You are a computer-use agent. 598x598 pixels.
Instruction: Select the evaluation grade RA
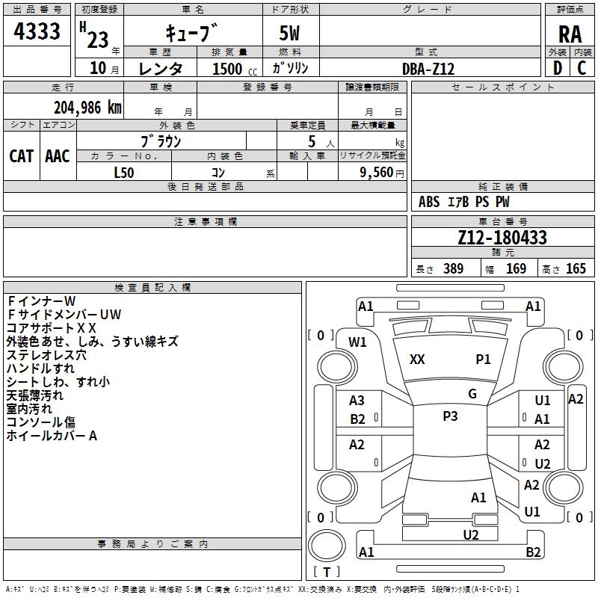tap(570, 34)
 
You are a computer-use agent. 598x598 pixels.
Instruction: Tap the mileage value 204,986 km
tap(87, 108)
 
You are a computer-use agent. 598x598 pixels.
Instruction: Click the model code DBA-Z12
tap(428, 69)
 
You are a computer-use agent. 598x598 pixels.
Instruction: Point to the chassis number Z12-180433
tap(502, 238)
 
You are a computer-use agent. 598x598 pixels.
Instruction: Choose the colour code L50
tap(124, 172)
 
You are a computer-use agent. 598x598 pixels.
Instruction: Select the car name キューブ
tap(191, 34)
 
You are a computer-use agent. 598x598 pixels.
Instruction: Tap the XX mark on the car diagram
tap(417, 360)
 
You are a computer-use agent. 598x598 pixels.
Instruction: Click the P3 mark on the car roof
tap(450, 416)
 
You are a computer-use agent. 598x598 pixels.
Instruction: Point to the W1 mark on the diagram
tap(358, 342)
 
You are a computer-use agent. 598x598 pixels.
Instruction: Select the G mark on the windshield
tap(472, 393)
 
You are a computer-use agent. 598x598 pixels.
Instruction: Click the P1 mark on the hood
tap(484, 360)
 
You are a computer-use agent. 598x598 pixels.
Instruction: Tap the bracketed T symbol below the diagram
tap(326, 573)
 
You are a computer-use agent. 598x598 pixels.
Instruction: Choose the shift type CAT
tap(22, 155)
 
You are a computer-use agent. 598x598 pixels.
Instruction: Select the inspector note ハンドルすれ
tap(41, 369)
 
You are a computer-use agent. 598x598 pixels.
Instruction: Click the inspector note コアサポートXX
tap(52, 328)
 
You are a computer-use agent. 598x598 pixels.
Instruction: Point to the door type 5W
tap(290, 34)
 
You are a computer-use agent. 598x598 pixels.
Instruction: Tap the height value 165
tap(576, 269)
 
